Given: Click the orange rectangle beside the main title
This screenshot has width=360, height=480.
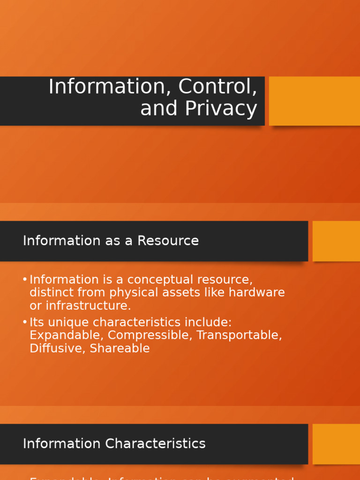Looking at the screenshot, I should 314,101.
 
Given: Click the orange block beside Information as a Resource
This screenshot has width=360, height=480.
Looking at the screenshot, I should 336,241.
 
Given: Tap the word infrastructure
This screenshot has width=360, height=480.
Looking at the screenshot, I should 89,306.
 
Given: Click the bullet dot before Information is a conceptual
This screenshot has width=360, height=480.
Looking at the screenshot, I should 25,280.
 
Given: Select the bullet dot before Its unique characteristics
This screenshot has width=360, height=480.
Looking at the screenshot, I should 25,322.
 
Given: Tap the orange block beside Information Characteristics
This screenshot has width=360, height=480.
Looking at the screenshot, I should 336,444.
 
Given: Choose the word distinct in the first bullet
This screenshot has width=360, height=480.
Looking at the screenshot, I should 50,292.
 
